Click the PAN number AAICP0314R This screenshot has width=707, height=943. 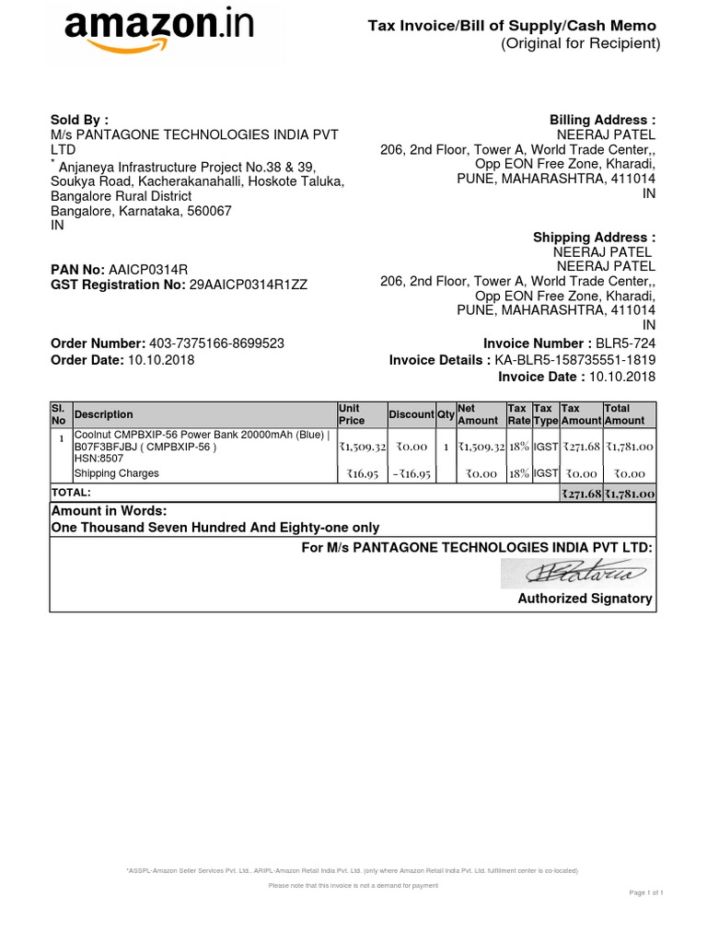[x=148, y=269]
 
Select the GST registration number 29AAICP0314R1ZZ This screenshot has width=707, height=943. [x=249, y=285]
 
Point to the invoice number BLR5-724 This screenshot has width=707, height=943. [x=625, y=343]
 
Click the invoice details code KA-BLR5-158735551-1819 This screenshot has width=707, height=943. [x=575, y=360]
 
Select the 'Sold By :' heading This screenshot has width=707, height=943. [x=79, y=120]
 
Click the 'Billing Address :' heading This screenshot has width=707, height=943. [x=602, y=120]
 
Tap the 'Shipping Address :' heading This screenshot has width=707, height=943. [x=594, y=238]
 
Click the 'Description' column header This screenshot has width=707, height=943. [x=103, y=414]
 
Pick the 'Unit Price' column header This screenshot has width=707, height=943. [x=352, y=414]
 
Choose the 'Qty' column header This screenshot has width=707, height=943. [x=446, y=414]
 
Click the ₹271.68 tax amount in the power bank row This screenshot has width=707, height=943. [x=581, y=447]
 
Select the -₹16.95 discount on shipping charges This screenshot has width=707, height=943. [x=410, y=473]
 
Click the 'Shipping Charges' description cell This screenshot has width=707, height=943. [x=116, y=473]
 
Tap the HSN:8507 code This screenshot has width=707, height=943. [x=97, y=459]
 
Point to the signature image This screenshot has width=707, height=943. [x=577, y=573]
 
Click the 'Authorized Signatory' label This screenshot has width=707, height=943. [x=585, y=599]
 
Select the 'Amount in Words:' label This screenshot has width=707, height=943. [x=110, y=511]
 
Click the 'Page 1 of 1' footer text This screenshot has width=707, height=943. [x=646, y=892]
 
